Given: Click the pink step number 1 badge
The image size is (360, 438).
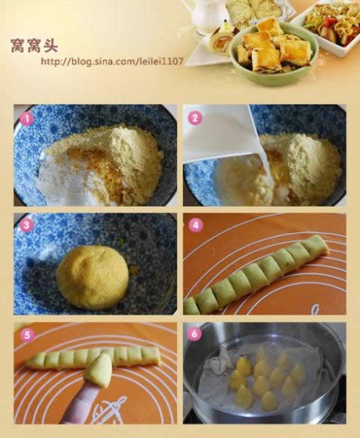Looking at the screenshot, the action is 26,118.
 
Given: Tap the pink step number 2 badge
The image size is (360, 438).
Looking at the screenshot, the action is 195,118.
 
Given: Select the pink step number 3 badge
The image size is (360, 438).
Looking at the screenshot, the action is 26,226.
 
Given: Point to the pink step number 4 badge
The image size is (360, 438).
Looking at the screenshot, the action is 195,225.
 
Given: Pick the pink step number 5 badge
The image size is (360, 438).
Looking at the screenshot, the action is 27,334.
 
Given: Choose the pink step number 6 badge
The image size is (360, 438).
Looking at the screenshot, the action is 195,334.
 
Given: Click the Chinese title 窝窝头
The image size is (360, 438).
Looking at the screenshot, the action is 35,46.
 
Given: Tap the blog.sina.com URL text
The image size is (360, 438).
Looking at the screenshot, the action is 112,61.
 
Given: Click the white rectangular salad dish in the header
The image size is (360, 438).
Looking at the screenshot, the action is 327,28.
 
